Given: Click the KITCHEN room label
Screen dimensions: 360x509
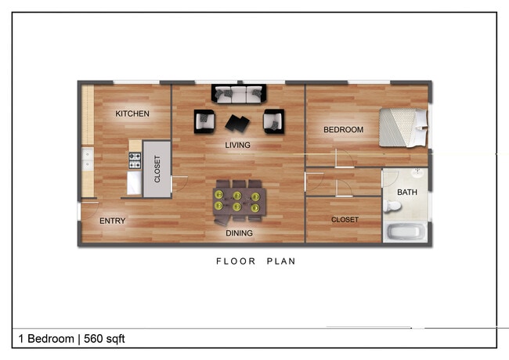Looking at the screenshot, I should pos(132,114).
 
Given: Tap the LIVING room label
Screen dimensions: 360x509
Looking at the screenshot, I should pos(237,146).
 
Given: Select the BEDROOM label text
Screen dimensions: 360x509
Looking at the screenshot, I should pos(344,130).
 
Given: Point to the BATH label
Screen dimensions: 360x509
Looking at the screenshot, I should pos(407,193).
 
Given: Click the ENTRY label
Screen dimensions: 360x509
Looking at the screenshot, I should pos(113,221).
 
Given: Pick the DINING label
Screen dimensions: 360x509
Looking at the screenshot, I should pos(240,233).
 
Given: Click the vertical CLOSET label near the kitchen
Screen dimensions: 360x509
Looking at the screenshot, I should pos(157,169).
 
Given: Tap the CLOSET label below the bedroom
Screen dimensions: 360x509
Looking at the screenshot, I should pos(345,220).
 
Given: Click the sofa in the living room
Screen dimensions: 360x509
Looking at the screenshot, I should pos(239,94).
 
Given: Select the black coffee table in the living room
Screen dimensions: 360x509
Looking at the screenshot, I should pos(237,123).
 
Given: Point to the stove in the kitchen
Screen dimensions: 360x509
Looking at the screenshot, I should pos(135,161).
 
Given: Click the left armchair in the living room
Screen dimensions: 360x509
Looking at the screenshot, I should pos(204,121).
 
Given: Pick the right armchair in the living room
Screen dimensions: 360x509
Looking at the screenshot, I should pos(273,121).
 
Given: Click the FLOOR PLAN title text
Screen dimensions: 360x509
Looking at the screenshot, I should pos(256,261).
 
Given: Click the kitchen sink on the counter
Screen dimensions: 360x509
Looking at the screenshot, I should pos(87,160).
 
